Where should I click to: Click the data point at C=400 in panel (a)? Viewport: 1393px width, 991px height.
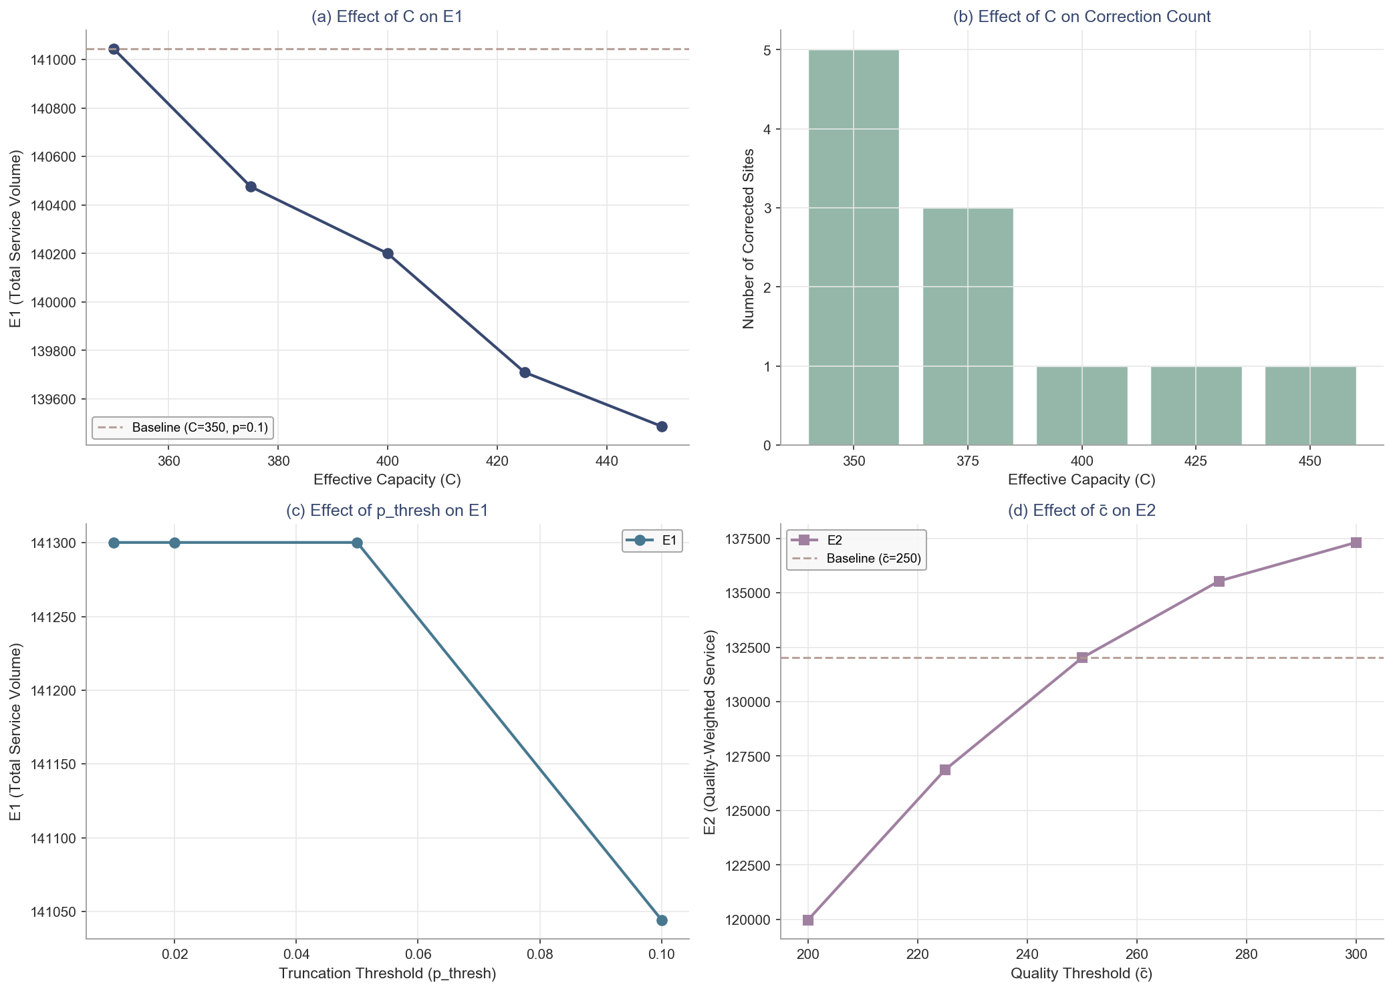tap(388, 253)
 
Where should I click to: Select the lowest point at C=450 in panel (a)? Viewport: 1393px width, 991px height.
tap(662, 426)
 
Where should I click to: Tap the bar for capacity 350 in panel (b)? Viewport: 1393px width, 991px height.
tap(854, 247)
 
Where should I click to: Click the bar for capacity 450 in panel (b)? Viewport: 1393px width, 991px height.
tap(1310, 406)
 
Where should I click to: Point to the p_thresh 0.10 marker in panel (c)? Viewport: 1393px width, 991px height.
tap(662, 920)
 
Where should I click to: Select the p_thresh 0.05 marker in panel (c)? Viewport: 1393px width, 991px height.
tap(358, 543)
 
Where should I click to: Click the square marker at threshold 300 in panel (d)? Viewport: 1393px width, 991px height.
tap(1356, 543)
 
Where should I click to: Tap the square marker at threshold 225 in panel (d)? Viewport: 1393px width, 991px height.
tap(945, 770)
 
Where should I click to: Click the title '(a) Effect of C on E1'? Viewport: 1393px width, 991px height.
tap(387, 17)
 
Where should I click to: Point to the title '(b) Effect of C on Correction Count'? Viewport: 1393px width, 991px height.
tap(1082, 17)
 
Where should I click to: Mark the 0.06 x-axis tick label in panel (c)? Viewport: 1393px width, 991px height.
tap(418, 952)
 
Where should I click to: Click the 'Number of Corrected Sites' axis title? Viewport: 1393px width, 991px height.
tap(749, 239)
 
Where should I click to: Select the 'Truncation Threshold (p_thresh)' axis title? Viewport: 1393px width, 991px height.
tap(387, 974)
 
